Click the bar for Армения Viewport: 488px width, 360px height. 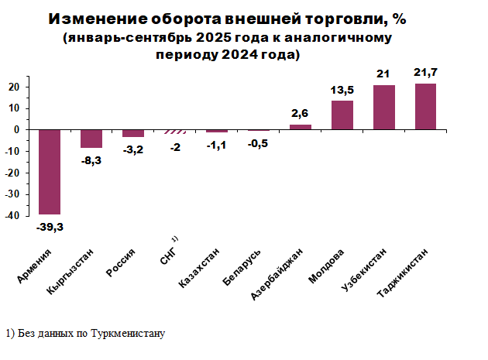click(x=50, y=172)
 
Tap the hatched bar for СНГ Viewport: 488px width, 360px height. click(x=175, y=132)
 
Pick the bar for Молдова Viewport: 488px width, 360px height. click(x=342, y=115)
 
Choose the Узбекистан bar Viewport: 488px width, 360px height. click(x=384, y=108)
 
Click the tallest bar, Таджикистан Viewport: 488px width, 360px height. click(x=426, y=107)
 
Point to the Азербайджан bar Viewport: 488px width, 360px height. click(x=301, y=127)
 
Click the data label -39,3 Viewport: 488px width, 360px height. click(x=50, y=227)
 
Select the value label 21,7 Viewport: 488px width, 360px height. click(x=426, y=72)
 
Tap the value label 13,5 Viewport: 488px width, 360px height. click(x=342, y=90)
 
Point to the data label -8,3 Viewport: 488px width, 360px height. click(x=91, y=159)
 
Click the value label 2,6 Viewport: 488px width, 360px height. click(x=301, y=114)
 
